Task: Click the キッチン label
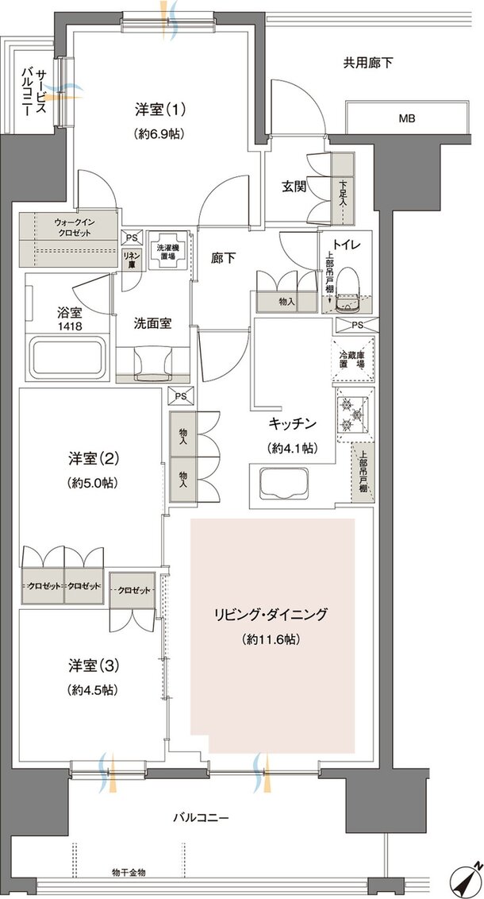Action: pos(294,423)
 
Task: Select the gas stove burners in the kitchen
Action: pos(351,414)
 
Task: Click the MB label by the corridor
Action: pos(407,119)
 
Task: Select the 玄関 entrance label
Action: pos(294,187)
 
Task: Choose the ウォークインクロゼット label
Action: pos(73,227)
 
